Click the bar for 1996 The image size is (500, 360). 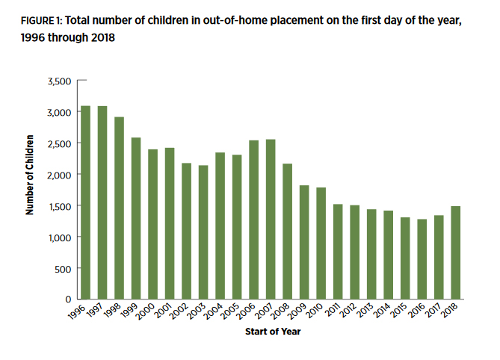point(86,202)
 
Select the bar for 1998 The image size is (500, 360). point(120,208)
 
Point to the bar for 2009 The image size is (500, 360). point(303,242)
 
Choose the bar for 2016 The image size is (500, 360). point(422,259)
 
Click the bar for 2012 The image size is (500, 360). point(354,252)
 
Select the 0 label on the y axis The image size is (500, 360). point(69,300)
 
